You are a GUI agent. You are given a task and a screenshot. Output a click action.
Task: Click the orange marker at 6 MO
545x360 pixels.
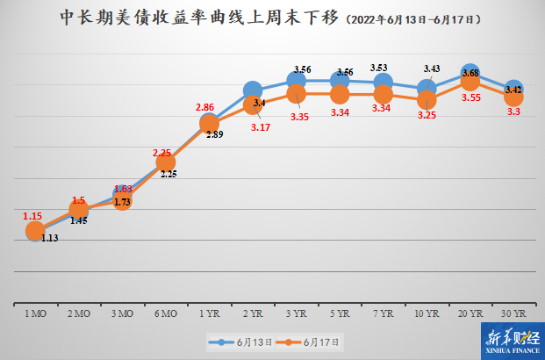click(x=166, y=162)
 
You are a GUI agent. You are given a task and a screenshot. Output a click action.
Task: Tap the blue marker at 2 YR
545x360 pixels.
click(x=253, y=90)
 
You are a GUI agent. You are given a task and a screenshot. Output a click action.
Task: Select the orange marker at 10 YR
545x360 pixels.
click(x=427, y=100)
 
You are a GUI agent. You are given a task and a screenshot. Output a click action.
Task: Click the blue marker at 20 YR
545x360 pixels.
click(x=470, y=74)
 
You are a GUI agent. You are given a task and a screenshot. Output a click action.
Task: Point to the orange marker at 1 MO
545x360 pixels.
click(x=35, y=231)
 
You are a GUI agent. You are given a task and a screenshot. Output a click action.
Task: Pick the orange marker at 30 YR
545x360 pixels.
click(x=514, y=97)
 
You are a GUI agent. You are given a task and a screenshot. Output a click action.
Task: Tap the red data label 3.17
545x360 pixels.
click(x=260, y=128)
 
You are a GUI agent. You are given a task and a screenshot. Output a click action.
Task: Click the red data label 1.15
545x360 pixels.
click(x=32, y=214)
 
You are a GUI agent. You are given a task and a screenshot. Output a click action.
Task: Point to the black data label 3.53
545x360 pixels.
click(x=379, y=67)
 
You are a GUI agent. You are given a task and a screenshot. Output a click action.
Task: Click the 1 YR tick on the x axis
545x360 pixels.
click(x=209, y=313)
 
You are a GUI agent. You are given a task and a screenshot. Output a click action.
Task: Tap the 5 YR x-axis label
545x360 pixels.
click(x=340, y=313)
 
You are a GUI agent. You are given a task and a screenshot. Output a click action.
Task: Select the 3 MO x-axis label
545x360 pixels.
click(x=122, y=313)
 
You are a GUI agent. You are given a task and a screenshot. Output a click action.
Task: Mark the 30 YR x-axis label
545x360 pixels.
click(x=513, y=313)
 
